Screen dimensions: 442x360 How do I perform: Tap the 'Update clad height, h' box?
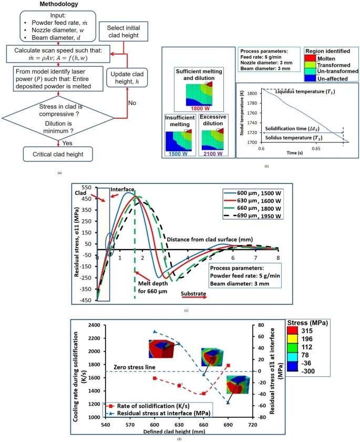click(x=126, y=82)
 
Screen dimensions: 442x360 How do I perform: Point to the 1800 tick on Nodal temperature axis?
click(x=252, y=93)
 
